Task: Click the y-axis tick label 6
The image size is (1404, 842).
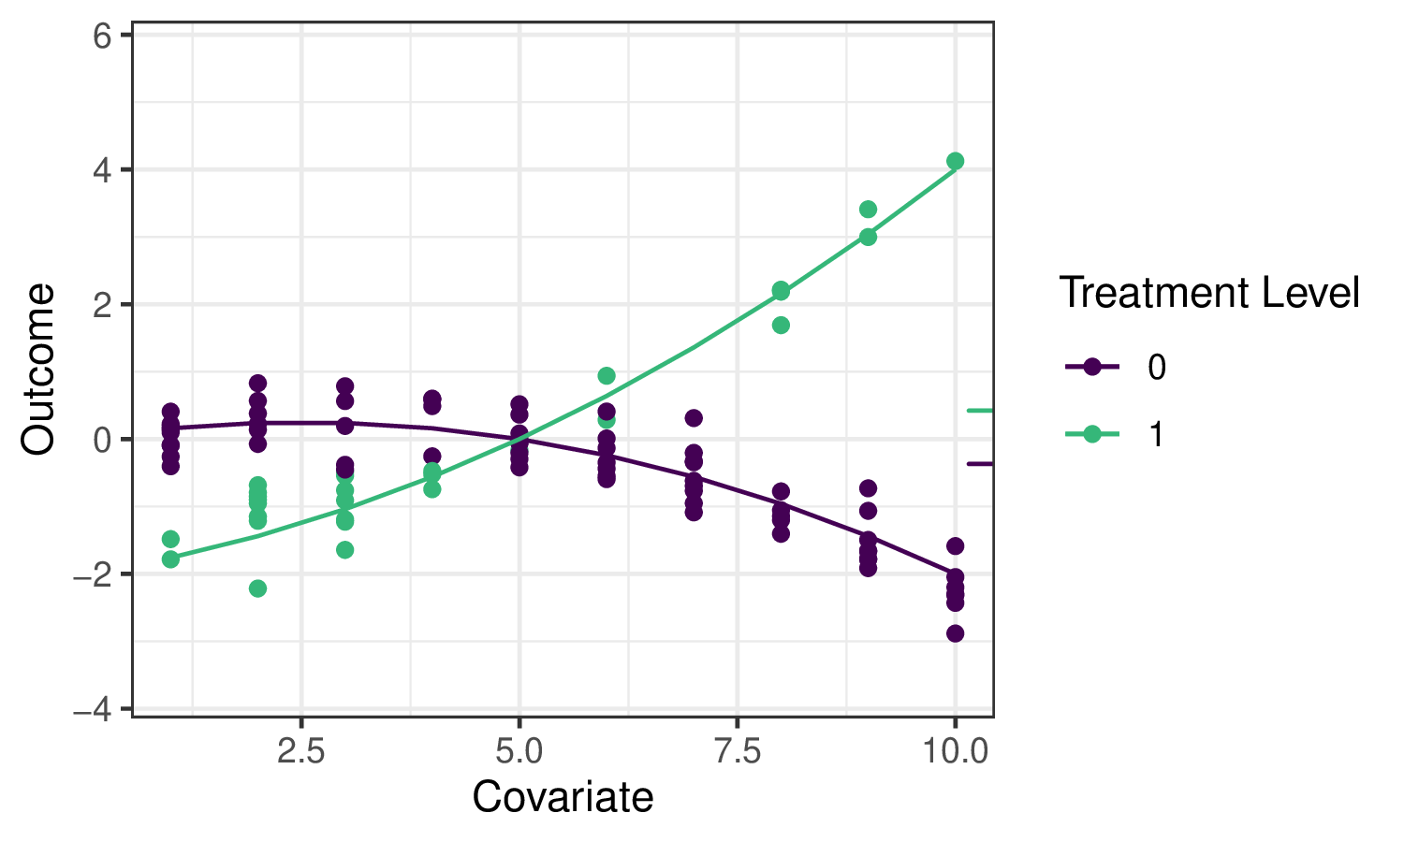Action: click(x=102, y=36)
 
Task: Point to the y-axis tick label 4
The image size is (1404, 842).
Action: click(x=102, y=170)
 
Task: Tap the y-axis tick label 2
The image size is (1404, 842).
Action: click(x=102, y=305)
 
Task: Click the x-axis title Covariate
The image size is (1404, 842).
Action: click(x=563, y=797)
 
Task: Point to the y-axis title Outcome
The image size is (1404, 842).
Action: click(x=39, y=370)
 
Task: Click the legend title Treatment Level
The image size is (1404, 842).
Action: click(x=1208, y=293)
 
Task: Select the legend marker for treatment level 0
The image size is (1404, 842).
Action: click(x=1092, y=367)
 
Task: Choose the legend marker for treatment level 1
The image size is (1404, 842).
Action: click(x=1092, y=434)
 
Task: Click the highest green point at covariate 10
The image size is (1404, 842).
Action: click(x=955, y=161)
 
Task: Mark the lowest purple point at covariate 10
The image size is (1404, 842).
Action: click(x=955, y=633)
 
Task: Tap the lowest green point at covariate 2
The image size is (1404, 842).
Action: click(x=257, y=588)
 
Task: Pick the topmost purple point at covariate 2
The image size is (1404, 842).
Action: click(x=257, y=383)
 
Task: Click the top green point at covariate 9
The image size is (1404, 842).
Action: click(x=868, y=209)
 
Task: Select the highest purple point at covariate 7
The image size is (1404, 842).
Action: click(x=694, y=418)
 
